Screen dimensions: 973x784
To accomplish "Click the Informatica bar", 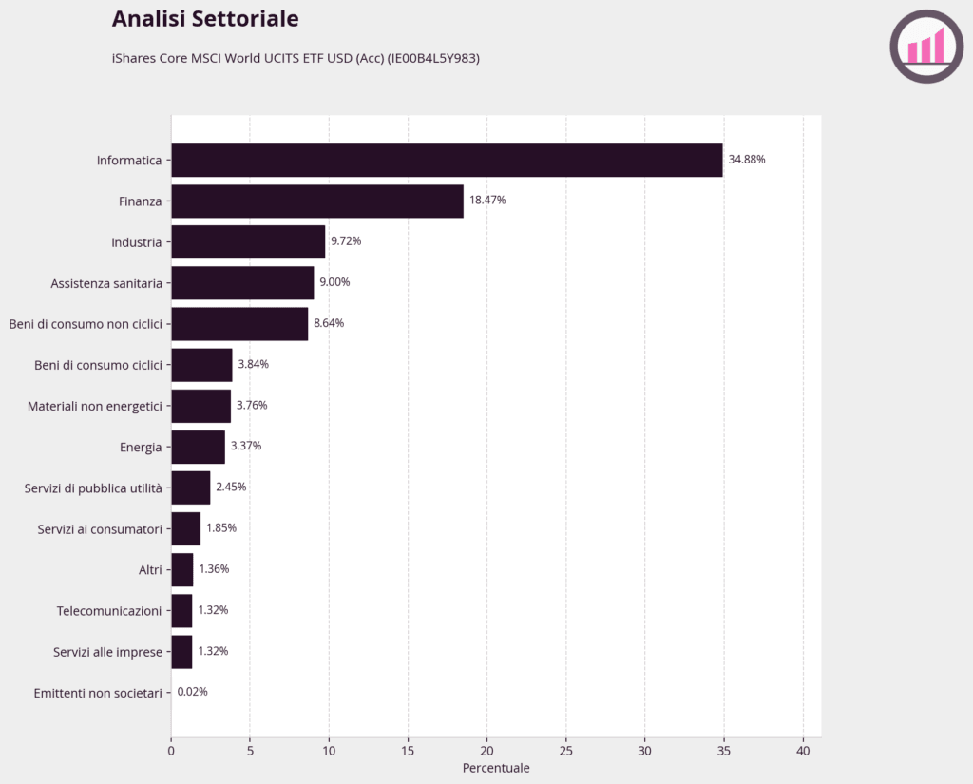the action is [x=447, y=161].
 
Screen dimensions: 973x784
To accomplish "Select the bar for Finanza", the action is [x=317, y=201].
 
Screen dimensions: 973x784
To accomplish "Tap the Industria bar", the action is [x=248, y=242].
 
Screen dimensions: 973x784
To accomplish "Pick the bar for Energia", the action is [x=199, y=447].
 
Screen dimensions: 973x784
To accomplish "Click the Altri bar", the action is [x=182, y=570].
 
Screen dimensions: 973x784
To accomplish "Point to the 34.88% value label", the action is [x=747, y=160].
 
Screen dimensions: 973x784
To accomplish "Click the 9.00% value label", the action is [x=334, y=282].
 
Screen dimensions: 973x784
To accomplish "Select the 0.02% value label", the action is [x=192, y=692].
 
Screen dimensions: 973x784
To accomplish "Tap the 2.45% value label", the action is [x=231, y=488].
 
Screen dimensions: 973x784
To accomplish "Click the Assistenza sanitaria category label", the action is [x=106, y=284].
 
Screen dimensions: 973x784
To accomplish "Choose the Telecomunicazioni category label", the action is [x=109, y=611].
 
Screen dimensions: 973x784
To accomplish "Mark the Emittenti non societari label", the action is [x=98, y=693].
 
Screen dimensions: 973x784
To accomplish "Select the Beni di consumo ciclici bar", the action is [x=202, y=365].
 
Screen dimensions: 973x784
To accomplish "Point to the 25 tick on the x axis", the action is [x=566, y=751].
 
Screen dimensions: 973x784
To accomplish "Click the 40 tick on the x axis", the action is [x=803, y=751].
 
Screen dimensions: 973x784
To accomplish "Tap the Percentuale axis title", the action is [x=496, y=768].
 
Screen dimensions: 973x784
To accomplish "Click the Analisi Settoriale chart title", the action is [x=205, y=19].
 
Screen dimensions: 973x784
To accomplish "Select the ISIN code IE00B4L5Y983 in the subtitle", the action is [x=433, y=58].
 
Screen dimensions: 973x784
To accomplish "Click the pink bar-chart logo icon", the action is [x=926, y=47].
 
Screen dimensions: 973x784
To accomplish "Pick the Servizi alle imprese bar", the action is [x=181, y=652].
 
